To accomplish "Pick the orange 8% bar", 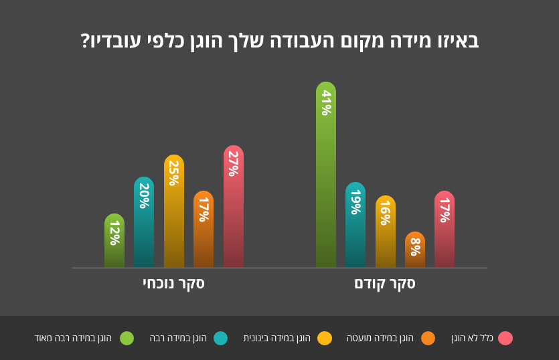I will (x=415, y=250).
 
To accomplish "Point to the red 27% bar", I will (x=234, y=207).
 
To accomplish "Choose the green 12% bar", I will (x=114, y=241).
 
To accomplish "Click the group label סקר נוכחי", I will (x=173, y=283).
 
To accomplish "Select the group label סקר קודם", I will (x=385, y=283).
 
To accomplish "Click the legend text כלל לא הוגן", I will (x=472, y=338).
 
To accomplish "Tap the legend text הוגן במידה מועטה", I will (x=380, y=338).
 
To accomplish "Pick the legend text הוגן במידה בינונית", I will (x=276, y=338).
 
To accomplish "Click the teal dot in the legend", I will (x=220, y=338).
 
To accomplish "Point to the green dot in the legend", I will (x=127, y=338).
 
